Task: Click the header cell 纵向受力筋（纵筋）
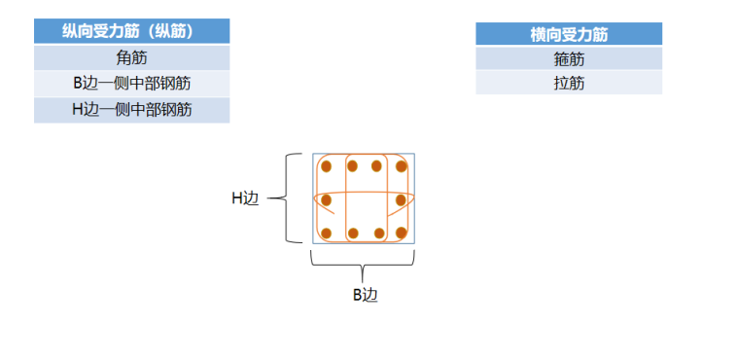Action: (x=131, y=31)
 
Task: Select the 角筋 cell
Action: (x=131, y=57)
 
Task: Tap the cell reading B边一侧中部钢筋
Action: (x=131, y=83)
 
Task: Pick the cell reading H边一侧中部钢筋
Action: (x=131, y=109)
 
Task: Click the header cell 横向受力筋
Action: (x=569, y=35)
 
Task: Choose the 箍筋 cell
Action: (x=569, y=59)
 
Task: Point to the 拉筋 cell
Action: (x=569, y=84)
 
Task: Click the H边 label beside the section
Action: (x=245, y=198)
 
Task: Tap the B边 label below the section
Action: (x=364, y=295)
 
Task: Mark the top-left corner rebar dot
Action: (x=326, y=166)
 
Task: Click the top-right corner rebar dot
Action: (x=401, y=166)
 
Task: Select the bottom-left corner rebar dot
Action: (x=326, y=234)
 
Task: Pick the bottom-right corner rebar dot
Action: (x=401, y=234)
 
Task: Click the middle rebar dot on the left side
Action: (x=326, y=200)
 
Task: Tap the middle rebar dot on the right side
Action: (x=401, y=200)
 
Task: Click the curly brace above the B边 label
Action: (x=363, y=264)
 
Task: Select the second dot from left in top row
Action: (x=352, y=166)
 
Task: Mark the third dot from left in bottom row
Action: (x=376, y=234)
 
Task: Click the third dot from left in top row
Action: (x=376, y=166)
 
